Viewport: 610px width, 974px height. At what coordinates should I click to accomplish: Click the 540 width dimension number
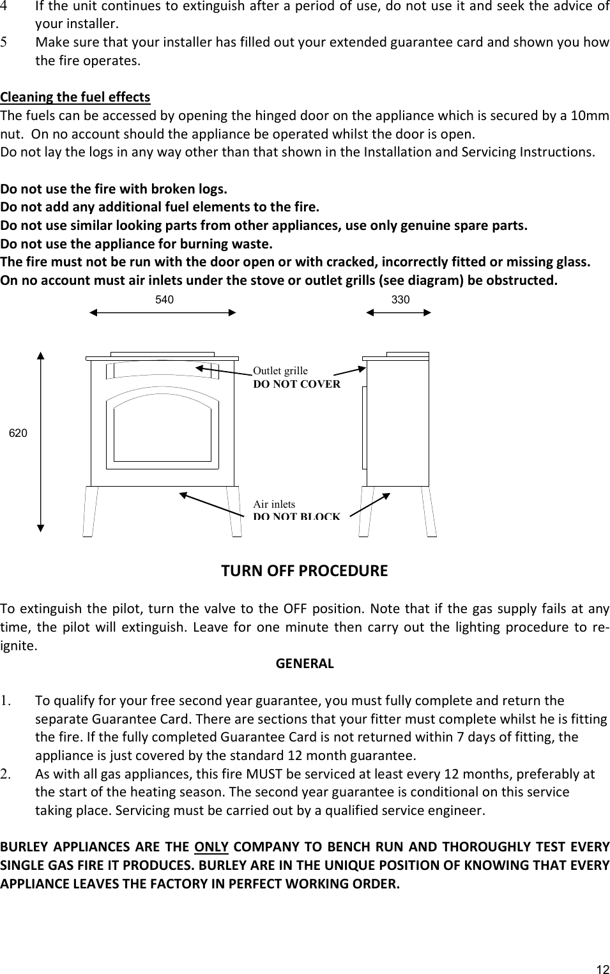point(164,299)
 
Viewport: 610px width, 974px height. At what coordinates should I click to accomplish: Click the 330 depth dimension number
point(400,299)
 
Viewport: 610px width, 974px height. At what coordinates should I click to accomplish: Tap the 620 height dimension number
point(18,433)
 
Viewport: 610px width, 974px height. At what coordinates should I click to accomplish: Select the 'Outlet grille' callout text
point(280,371)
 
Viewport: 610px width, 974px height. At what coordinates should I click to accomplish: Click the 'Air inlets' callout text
point(274,505)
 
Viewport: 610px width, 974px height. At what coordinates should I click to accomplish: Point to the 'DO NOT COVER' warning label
point(297,384)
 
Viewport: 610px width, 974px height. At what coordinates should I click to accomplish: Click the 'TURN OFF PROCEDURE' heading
point(304,570)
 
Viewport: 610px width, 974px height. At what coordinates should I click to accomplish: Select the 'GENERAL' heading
point(305,663)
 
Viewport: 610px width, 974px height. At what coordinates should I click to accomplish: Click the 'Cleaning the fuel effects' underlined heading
point(75,97)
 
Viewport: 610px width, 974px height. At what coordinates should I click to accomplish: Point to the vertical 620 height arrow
point(41,441)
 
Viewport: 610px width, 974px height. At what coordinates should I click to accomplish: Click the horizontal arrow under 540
point(163,312)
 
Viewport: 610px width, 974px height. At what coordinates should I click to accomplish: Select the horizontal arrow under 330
point(399,312)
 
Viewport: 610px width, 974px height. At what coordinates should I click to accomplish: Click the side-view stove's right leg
point(429,511)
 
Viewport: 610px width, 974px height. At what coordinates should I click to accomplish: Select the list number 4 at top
point(4,7)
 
